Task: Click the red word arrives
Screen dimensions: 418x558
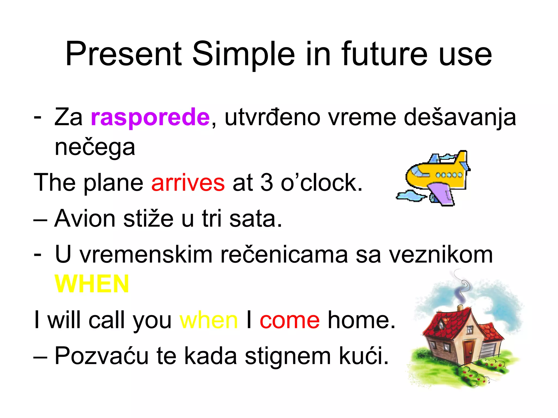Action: pos(188,183)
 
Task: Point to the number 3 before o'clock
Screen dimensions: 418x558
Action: pos(267,183)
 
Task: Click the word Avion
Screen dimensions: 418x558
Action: pos(85,219)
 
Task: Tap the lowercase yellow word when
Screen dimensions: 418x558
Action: pos(209,320)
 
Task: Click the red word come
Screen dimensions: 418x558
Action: pos(290,320)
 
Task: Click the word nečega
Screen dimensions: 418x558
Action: pos(95,148)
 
